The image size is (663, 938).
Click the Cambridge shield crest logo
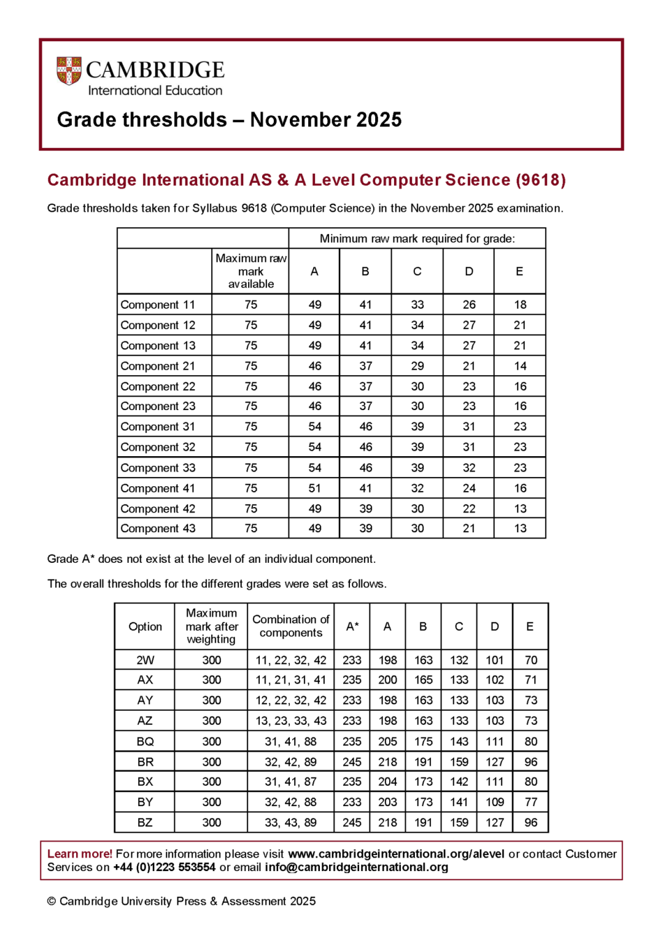[x=69, y=71]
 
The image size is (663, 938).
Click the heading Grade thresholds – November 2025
[x=229, y=120]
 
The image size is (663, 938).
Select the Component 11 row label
[x=158, y=304]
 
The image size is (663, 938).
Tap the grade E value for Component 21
[x=519, y=366]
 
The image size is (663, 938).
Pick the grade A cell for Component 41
[x=314, y=488]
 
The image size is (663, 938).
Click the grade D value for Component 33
[x=468, y=468]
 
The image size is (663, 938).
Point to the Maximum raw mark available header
[x=250, y=271]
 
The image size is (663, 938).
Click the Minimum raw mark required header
[x=417, y=238]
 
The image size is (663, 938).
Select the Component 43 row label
[x=158, y=529]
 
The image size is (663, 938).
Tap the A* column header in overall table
[x=352, y=626]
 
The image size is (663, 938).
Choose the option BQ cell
[x=145, y=742]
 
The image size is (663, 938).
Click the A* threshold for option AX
[x=352, y=680]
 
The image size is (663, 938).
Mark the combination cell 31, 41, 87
[x=290, y=781]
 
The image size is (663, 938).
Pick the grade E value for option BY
[x=530, y=802]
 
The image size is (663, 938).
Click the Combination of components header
[x=290, y=626]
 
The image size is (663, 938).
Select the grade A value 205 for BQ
[x=387, y=742]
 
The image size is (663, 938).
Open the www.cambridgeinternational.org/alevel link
[x=396, y=854]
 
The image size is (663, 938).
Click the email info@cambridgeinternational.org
[x=356, y=867]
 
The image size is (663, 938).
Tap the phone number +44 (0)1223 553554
[x=164, y=867]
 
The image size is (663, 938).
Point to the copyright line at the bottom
[x=181, y=901]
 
